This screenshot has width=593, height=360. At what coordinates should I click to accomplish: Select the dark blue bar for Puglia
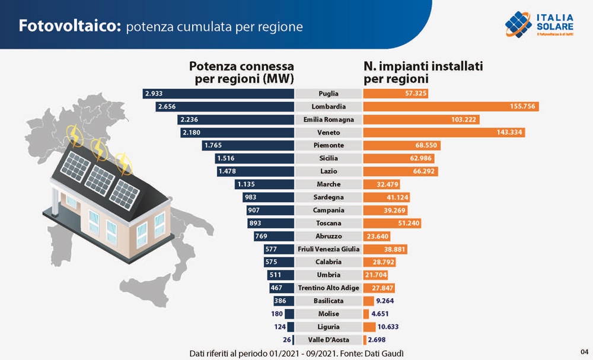[219, 94]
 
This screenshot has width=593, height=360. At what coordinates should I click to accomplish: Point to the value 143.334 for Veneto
[509, 132]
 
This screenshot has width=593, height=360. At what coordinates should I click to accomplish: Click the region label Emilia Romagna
[328, 119]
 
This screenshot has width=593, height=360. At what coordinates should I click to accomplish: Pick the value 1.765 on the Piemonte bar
[212, 145]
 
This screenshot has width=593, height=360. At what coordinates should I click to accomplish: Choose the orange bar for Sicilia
[398, 158]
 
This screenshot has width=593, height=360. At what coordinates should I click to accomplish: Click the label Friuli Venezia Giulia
[328, 249]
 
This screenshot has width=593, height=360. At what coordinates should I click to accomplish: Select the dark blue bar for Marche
[264, 184]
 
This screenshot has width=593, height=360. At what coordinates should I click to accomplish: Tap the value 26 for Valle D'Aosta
[287, 340]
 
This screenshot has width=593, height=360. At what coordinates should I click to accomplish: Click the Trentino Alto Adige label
[328, 288]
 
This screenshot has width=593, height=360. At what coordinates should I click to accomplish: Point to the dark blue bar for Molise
[289, 314]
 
